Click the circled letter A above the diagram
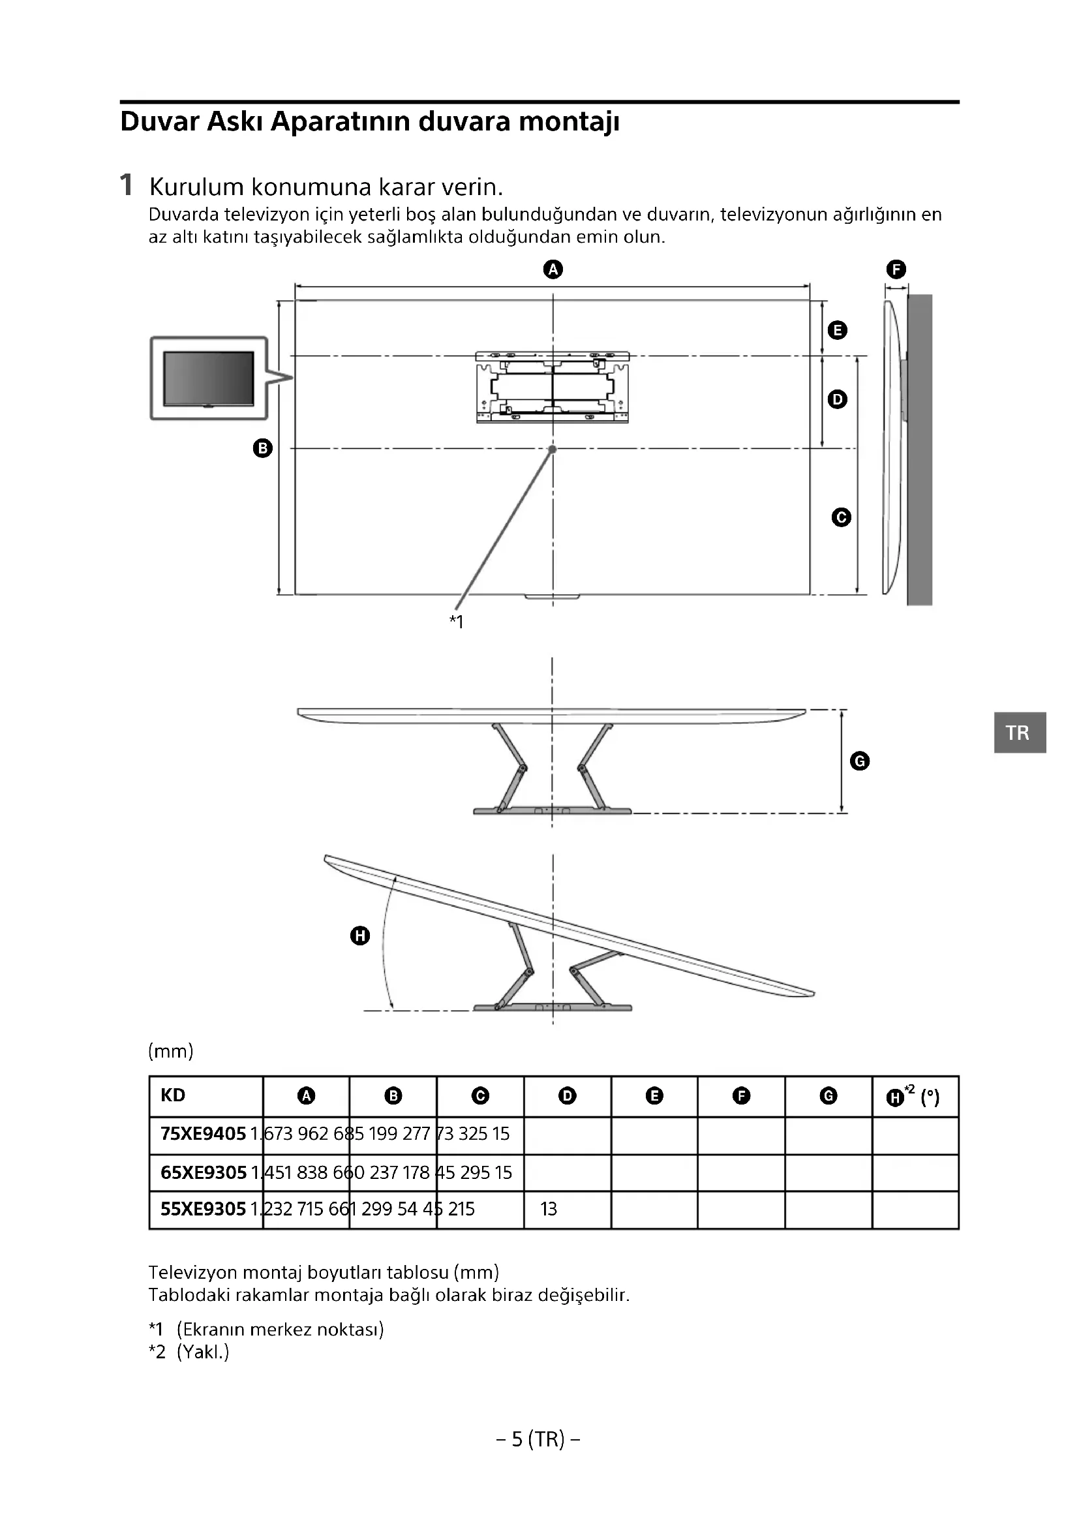553,269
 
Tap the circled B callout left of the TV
263,448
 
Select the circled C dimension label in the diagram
841,517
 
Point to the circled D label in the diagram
837,399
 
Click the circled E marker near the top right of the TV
837,330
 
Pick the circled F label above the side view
896,269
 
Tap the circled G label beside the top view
860,761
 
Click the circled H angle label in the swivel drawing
360,936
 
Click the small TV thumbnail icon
209,378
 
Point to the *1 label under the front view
457,622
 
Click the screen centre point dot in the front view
552,450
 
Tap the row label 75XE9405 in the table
204,1134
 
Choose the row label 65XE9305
204,1172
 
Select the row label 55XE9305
204,1209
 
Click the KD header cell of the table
173,1095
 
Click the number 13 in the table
549,1209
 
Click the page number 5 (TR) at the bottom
538,1440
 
